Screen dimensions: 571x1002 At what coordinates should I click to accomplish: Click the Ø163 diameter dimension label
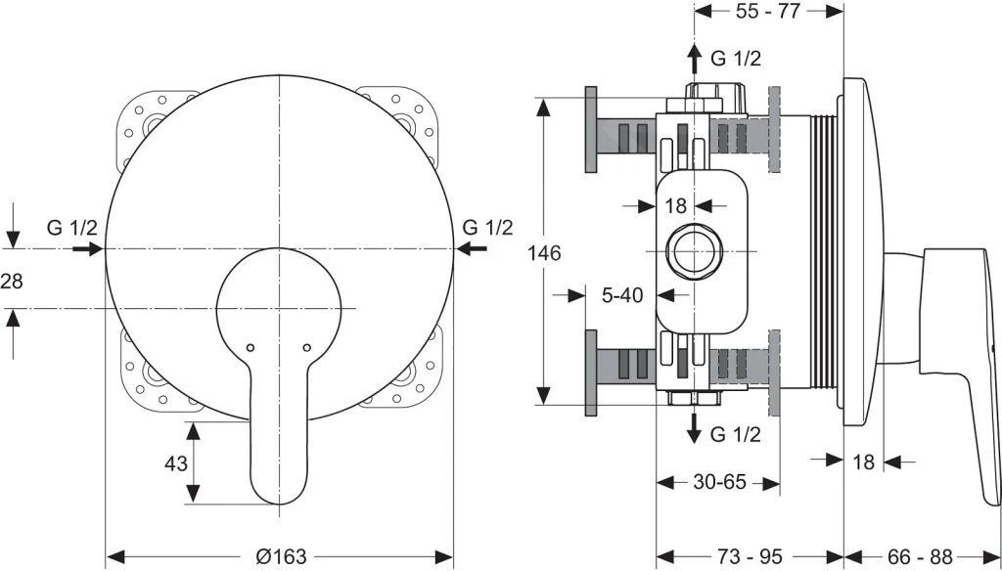(x=280, y=556)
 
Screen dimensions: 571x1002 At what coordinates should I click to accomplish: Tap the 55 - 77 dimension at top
(x=768, y=13)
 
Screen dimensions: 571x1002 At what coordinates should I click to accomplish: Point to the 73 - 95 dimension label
(x=751, y=556)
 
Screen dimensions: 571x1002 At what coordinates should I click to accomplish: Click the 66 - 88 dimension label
(x=922, y=556)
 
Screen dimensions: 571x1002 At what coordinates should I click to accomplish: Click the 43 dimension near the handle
(x=176, y=463)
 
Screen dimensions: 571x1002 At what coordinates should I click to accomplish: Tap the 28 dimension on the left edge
(x=11, y=280)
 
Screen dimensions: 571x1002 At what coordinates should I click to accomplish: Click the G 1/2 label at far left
(x=72, y=228)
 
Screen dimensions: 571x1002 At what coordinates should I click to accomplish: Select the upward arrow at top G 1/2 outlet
(x=694, y=59)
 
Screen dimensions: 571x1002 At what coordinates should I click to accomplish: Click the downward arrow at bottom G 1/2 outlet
(x=694, y=428)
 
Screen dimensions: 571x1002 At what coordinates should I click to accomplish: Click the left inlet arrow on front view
(x=88, y=249)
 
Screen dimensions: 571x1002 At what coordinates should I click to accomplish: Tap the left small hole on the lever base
(x=250, y=348)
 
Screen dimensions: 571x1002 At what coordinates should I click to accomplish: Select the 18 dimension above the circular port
(x=676, y=205)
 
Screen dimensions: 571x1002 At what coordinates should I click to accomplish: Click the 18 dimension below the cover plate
(x=862, y=461)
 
